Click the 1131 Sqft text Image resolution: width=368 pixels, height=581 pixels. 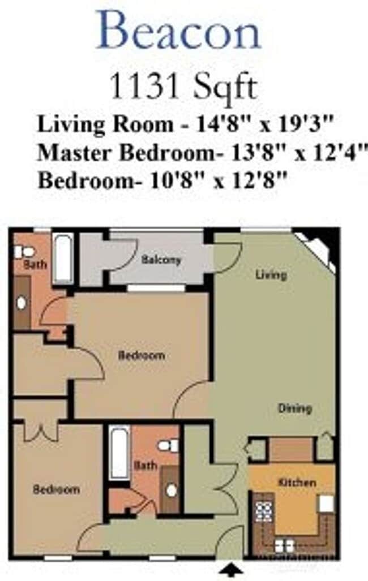(x=182, y=88)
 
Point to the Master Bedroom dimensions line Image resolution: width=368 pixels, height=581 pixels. (x=199, y=153)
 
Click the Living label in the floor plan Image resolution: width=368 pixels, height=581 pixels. (x=271, y=275)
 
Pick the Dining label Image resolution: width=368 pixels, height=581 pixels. (x=294, y=408)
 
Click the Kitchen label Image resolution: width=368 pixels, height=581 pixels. (x=297, y=483)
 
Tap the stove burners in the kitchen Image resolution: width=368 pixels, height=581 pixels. (x=263, y=511)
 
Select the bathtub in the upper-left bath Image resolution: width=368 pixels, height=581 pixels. (x=63, y=259)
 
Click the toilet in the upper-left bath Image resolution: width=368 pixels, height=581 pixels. (x=25, y=251)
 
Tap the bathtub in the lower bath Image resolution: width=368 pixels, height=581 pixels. (x=119, y=453)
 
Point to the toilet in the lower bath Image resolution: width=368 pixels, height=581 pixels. (x=168, y=446)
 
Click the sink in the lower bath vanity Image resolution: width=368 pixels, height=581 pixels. (x=171, y=490)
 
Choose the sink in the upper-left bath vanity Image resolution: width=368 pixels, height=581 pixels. (x=22, y=303)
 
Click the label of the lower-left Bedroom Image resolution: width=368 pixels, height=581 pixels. (x=56, y=489)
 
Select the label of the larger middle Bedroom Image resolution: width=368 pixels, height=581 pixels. (x=142, y=355)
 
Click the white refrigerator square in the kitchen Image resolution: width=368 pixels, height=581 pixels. (x=326, y=503)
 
